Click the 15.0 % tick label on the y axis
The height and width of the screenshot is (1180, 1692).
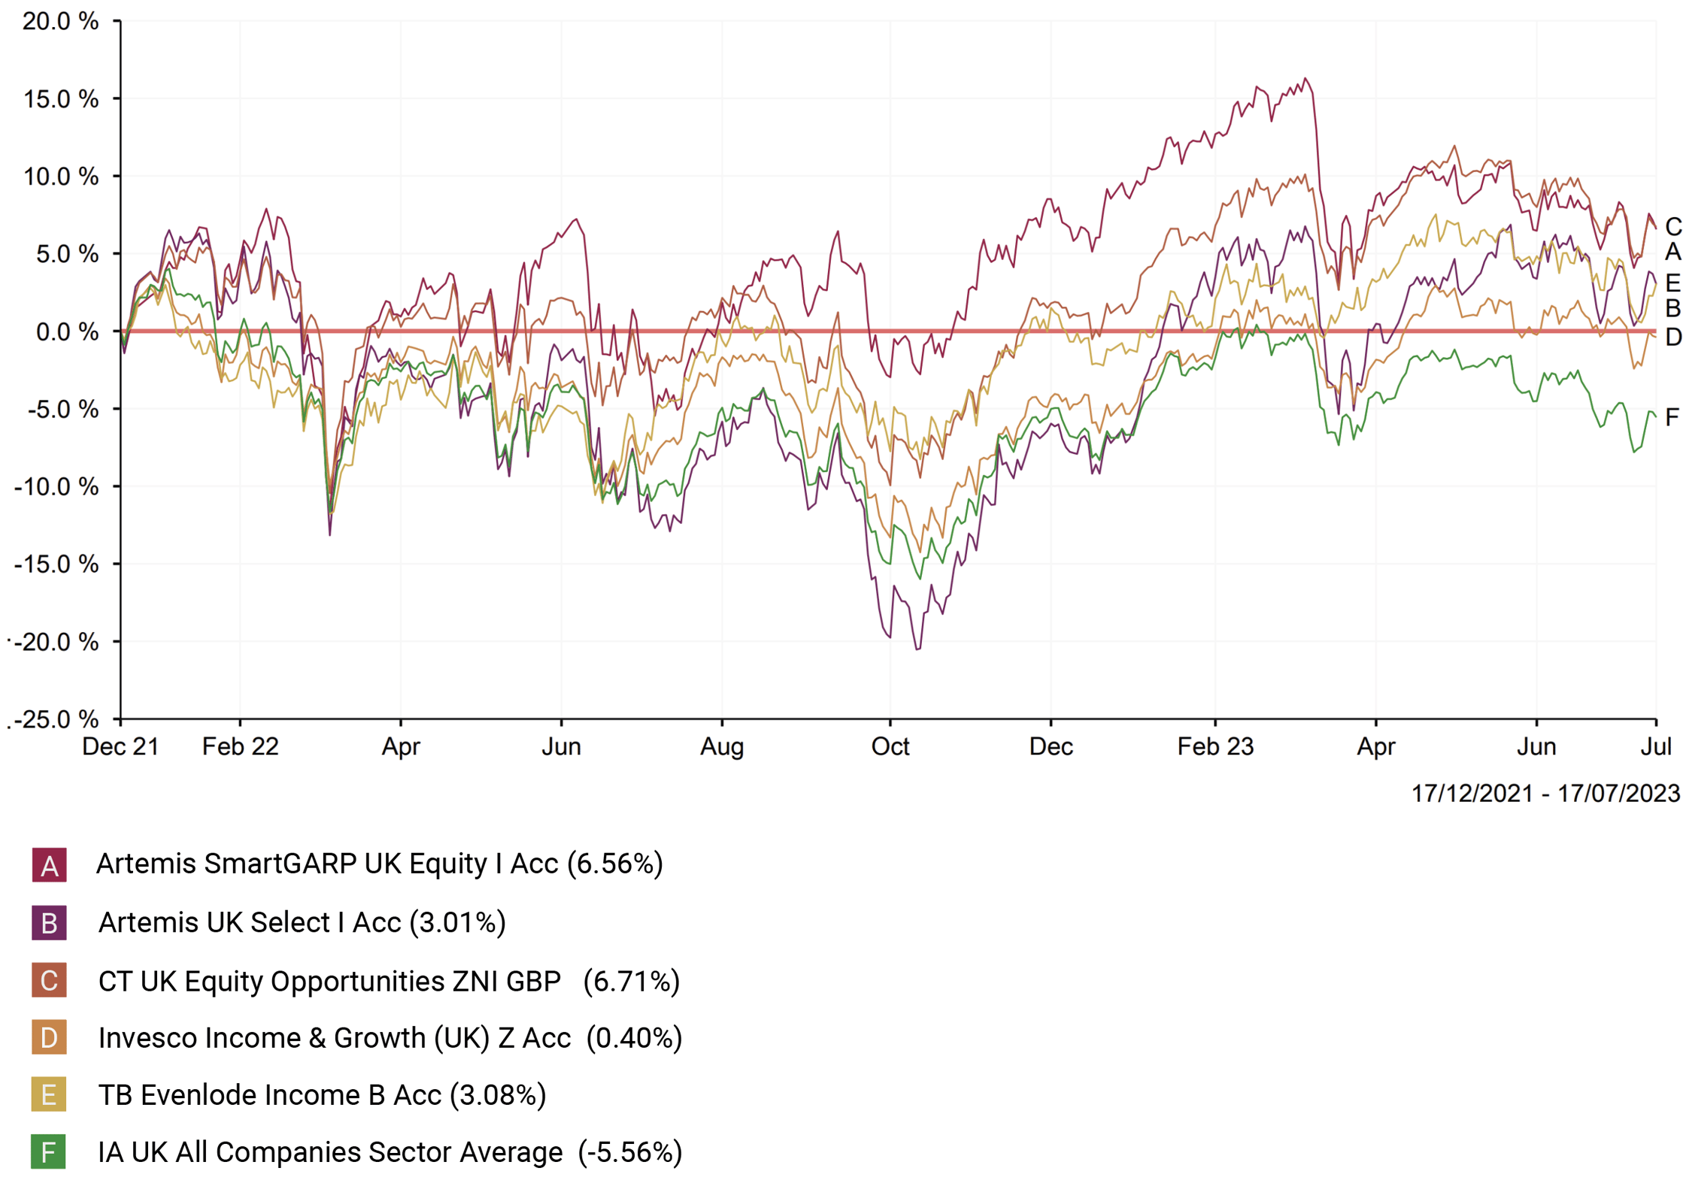click(x=60, y=98)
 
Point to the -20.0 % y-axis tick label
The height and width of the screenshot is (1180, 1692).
click(x=57, y=642)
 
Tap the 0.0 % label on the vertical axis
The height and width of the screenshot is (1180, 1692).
click(x=66, y=331)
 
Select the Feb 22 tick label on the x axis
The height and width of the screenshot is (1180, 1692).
click(x=240, y=746)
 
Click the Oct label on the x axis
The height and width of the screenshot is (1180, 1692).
click(x=890, y=746)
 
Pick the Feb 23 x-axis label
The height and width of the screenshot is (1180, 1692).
click(x=1214, y=746)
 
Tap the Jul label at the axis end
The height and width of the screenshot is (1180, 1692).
click(x=1655, y=746)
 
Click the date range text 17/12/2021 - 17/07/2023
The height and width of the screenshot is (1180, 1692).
click(x=1545, y=793)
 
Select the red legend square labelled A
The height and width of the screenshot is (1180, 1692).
click(x=49, y=865)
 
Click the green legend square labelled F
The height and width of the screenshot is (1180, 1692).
click(x=49, y=1151)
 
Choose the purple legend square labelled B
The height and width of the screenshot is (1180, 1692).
click(x=49, y=923)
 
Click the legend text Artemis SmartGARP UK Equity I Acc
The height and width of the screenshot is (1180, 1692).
click(x=327, y=864)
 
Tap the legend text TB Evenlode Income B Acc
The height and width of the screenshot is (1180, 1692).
click(x=269, y=1095)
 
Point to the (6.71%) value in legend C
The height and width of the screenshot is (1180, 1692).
click(x=632, y=981)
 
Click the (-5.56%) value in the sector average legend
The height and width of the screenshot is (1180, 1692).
click(x=630, y=1151)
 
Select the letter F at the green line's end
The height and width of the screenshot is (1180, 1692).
click(x=1672, y=417)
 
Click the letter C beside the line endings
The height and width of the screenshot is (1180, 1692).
click(x=1673, y=226)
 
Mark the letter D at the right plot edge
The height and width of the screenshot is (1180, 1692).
click(x=1673, y=337)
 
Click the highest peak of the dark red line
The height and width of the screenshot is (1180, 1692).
click(x=1305, y=78)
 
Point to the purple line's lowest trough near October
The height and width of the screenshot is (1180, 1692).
click(x=917, y=649)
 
